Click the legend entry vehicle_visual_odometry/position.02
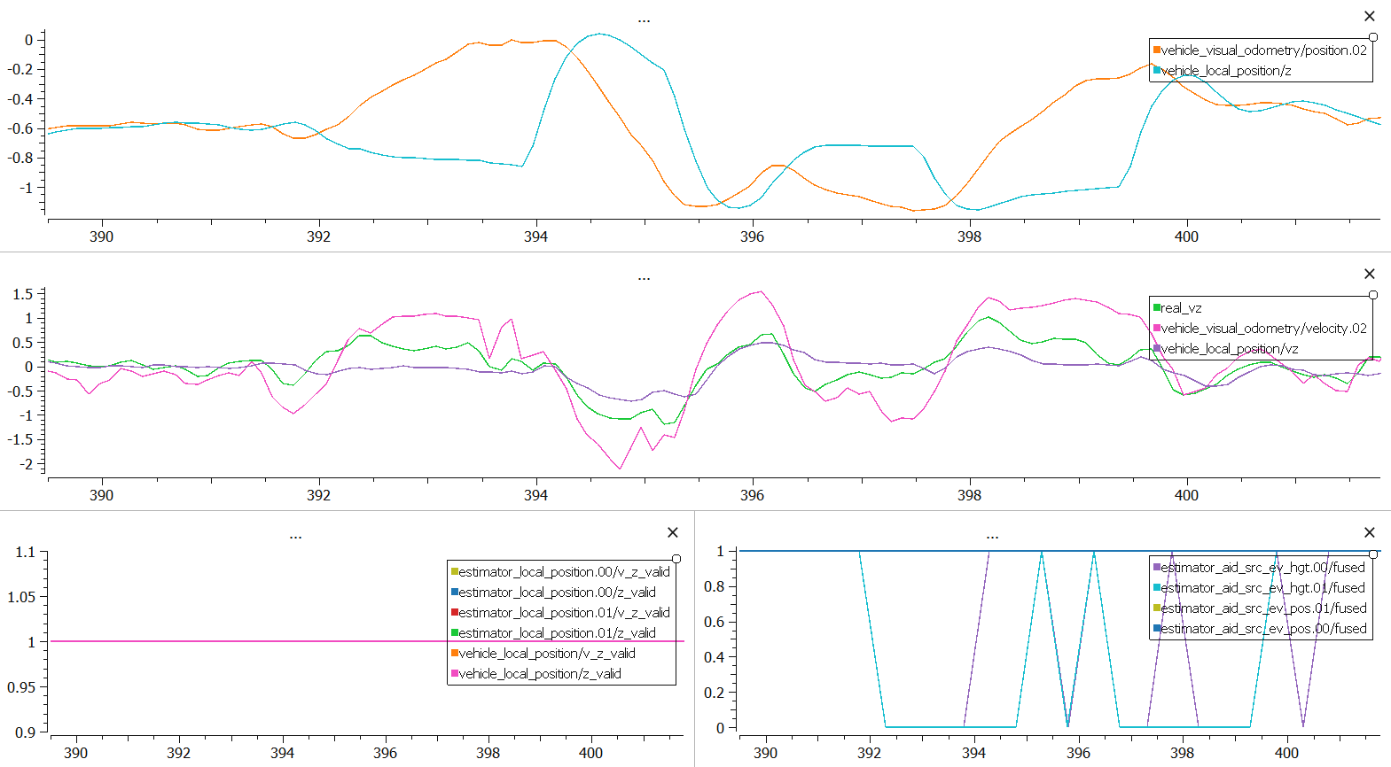(1263, 50)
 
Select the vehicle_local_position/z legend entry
(1225, 71)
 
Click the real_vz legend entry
(1181, 308)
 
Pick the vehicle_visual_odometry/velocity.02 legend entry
(1263, 329)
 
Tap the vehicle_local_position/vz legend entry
(1229, 349)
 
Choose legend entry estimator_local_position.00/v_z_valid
(564, 572)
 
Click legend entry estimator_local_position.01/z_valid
(557, 633)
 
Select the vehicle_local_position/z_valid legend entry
(539, 674)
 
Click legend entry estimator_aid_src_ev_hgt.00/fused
(1262, 568)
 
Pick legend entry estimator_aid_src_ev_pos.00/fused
(1263, 629)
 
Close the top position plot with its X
(1370, 16)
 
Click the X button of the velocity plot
(1370, 274)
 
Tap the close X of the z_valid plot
(673, 532)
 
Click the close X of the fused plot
(1370, 532)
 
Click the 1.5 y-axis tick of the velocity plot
(23, 294)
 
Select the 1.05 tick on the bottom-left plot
(21, 597)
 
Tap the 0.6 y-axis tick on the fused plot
(714, 622)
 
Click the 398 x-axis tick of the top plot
(969, 236)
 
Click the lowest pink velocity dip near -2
(620, 469)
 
